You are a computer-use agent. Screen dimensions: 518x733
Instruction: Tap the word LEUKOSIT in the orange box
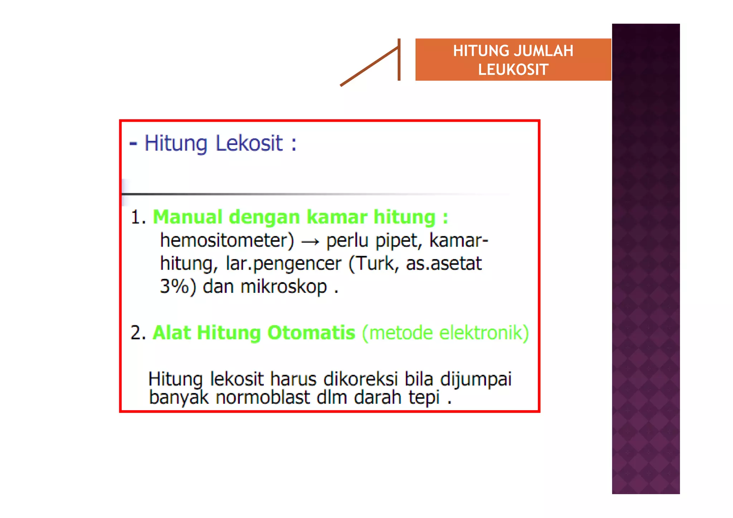(x=513, y=69)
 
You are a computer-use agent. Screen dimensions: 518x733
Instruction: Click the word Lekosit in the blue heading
(x=249, y=143)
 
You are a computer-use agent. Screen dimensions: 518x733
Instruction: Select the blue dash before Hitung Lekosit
(x=133, y=144)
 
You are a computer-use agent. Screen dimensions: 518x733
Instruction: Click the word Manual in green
(x=188, y=217)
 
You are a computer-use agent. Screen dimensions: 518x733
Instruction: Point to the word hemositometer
(x=227, y=240)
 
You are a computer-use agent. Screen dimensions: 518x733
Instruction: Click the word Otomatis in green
(x=311, y=333)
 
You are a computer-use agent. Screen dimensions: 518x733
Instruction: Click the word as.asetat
(x=444, y=263)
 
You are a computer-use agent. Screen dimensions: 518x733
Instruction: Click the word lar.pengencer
(x=283, y=264)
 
